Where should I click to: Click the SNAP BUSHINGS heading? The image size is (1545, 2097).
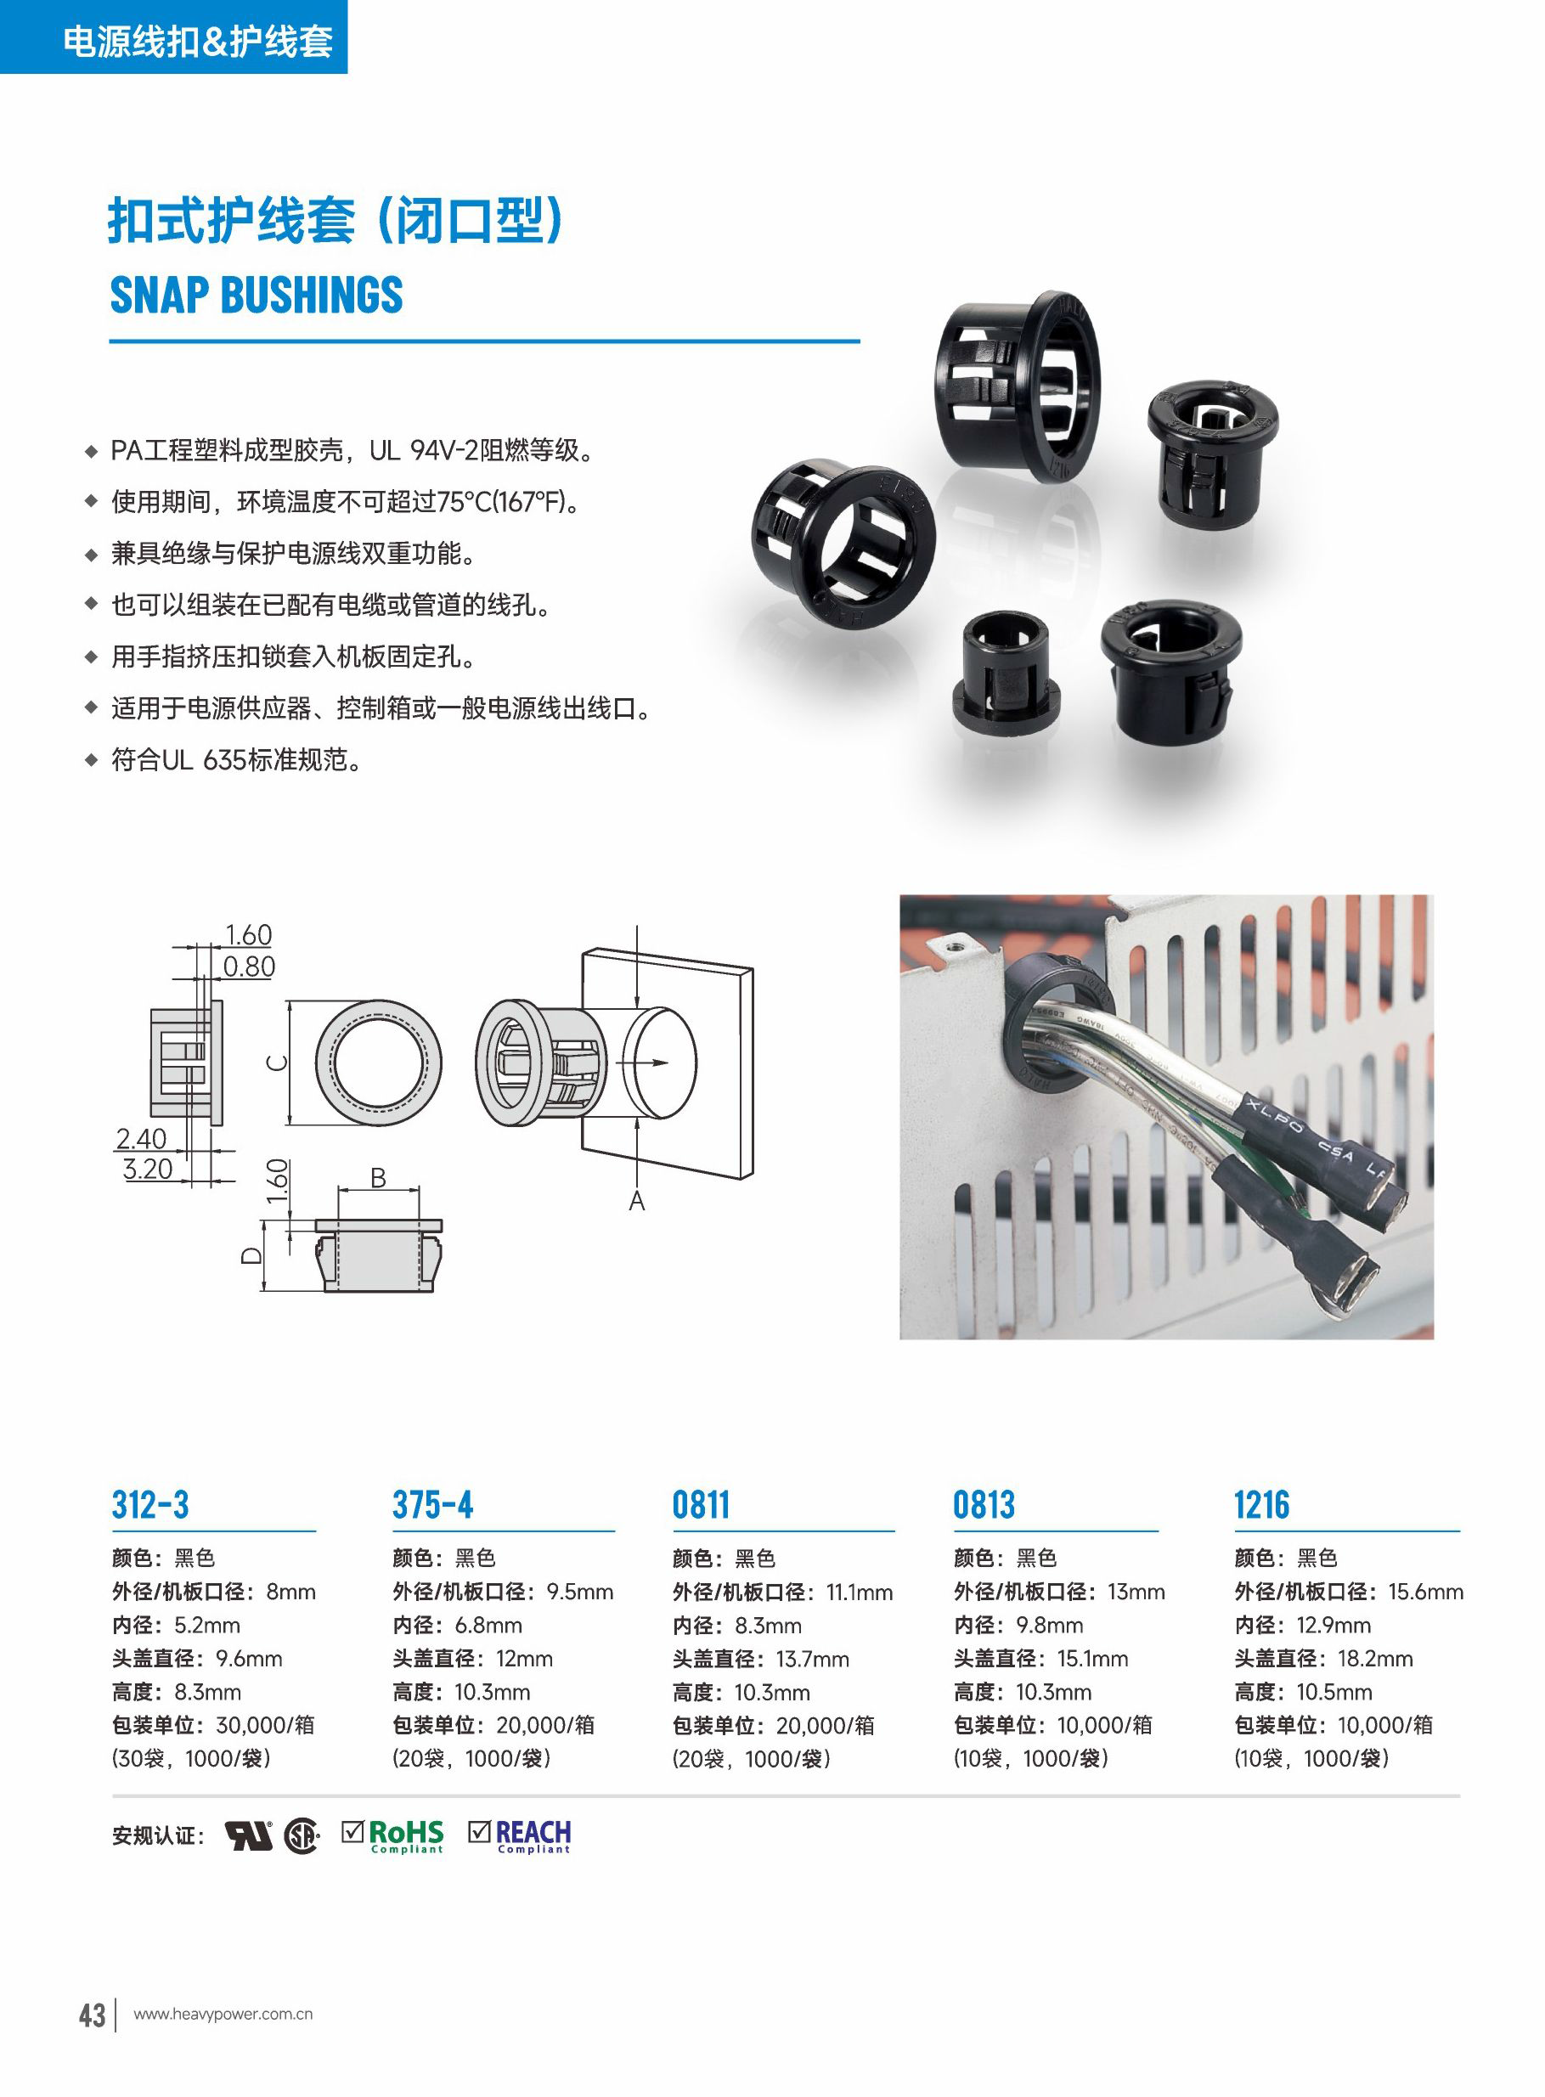click(x=257, y=296)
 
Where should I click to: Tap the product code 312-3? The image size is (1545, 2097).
click(x=149, y=1504)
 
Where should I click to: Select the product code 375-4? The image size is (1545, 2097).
click(x=433, y=1504)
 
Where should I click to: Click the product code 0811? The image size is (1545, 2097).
click(x=701, y=1504)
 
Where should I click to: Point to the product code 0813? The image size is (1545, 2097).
click(x=984, y=1504)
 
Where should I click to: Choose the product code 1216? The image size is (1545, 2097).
click(x=1261, y=1504)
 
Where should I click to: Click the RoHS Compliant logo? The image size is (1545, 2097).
click(x=392, y=1836)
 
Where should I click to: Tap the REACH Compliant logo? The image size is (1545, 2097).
click(x=520, y=1836)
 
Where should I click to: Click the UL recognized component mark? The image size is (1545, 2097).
click(x=249, y=1836)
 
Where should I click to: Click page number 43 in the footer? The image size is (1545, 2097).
click(x=92, y=2014)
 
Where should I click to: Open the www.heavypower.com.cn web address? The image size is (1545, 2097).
click(x=223, y=2015)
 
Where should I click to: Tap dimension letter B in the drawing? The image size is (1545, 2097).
click(x=378, y=1178)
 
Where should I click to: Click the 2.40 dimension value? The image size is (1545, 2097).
click(x=141, y=1139)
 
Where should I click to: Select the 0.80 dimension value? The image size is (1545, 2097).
click(x=249, y=967)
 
